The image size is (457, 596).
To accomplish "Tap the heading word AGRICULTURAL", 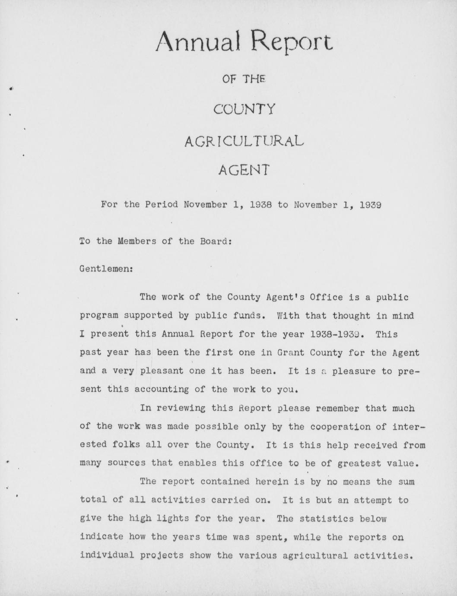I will [x=244, y=141].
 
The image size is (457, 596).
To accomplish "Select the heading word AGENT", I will [x=244, y=170].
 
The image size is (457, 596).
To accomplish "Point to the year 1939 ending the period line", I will [x=370, y=204].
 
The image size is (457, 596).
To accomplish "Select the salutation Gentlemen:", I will [x=106, y=269].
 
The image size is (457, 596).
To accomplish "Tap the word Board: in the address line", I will [x=216, y=241].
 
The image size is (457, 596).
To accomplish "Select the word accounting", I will [x=162, y=389].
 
